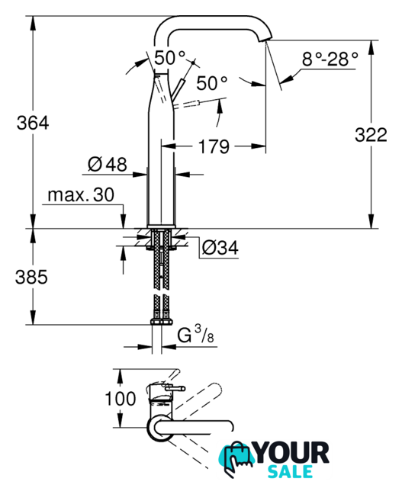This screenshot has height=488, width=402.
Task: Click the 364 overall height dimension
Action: point(33,123)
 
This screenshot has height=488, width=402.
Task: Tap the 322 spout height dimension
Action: point(371,135)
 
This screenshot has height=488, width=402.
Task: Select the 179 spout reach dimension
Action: point(214,146)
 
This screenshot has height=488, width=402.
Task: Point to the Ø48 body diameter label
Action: point(107,164)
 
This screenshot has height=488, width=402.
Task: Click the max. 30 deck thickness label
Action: point(81,195)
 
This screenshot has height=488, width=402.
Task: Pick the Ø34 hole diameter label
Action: point(220,248)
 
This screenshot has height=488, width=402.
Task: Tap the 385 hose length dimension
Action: point(31,277)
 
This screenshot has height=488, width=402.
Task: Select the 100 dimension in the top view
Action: point(121,399)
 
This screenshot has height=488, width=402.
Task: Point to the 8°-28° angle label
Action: point(330,59)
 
